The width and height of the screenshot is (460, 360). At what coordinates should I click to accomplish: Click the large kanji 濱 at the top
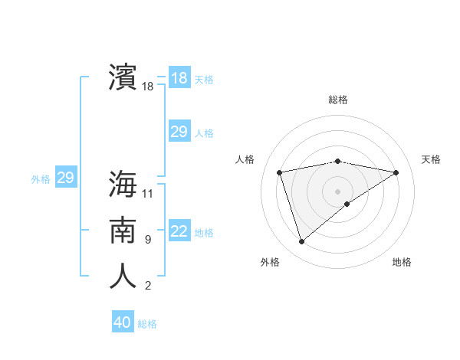[x=123, y=77]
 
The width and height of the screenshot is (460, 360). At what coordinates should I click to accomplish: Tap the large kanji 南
[x=123, y=231]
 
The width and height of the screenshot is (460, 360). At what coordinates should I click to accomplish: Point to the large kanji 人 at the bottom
[x=123, y=277]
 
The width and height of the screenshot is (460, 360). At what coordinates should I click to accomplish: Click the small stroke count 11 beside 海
[x=148, y=193]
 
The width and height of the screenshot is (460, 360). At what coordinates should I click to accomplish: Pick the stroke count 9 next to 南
[x=147, y=240]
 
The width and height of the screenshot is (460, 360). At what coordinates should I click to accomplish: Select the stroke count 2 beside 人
[x=147, y=286]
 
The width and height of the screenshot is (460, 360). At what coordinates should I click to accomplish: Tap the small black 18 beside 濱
[x=148, y=87]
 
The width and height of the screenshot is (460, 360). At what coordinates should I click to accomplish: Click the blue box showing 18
[x=179, y=78]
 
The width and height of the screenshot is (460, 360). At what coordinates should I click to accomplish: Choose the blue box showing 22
[x=179, y=231]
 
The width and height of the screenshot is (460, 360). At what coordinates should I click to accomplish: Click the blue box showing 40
[x=123, y=322]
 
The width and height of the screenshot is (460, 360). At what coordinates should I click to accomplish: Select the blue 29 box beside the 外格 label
[x=65, y=178]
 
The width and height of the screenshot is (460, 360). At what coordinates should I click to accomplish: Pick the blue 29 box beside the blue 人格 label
[x=179, y=132]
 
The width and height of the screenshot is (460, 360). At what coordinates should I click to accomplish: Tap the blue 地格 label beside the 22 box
[x=204, y=233]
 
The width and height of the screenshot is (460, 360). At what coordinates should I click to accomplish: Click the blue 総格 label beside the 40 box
[x=147, y=324]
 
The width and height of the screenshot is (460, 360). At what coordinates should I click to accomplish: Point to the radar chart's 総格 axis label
[x=337, y=100]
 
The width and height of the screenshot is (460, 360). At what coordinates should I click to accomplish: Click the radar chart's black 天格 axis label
[x=431, y=159]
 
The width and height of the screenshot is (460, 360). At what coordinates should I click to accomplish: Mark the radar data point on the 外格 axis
[x=301, y=241]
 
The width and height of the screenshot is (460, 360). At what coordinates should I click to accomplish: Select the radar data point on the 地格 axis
[x=347, y=204]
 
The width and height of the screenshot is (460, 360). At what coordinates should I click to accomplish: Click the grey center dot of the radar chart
[x=337, y=190]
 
